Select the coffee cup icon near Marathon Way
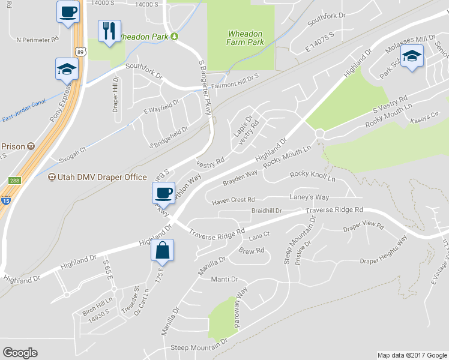click(163, 193)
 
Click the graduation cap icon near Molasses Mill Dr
click(412, 57)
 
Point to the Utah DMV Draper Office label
click(98, 177)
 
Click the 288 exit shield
click(15, 181)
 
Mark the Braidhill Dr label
click(267, 211)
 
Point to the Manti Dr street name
click(225, 280)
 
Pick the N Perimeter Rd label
click(37, 40)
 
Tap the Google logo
click(20, 353)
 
